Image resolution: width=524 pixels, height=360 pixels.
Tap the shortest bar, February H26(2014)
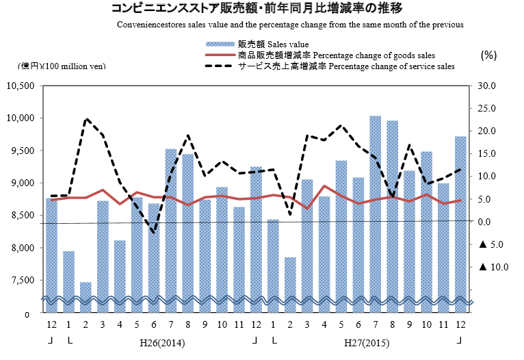(x=86, y=291)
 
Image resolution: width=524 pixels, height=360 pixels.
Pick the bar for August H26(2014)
(x=188, y=226)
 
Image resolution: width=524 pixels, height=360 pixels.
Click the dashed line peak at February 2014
(x=86, y=119)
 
